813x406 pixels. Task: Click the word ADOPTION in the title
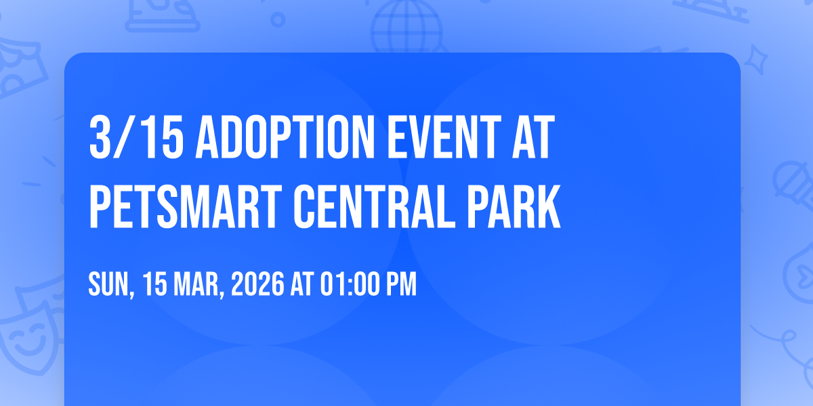click(285, 137)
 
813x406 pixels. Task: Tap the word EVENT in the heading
click(444, 137)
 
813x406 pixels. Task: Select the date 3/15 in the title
click(136, 137)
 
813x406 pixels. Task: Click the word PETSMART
click(186, 206)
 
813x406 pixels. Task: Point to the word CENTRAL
click(374, 206)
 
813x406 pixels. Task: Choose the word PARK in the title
click(514, 206)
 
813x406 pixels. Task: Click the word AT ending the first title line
click(534, 137)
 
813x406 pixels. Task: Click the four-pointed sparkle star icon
click(755, 60)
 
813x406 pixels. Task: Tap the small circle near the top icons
click(278, 20)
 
